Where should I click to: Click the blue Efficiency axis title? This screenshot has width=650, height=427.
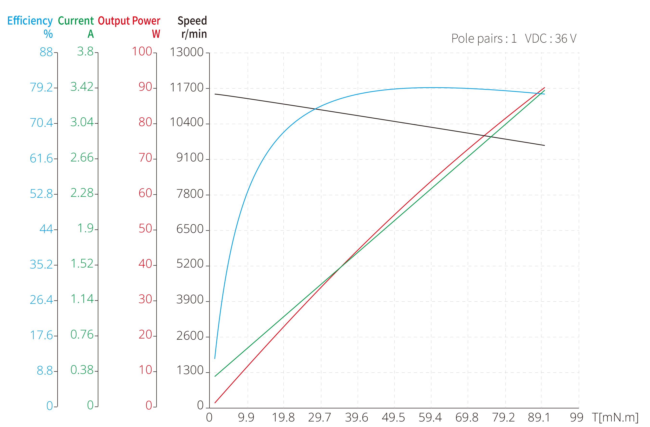click(x=30, y=21)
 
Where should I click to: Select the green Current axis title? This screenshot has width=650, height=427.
click(x=76, y=21)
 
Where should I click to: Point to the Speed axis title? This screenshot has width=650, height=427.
click(x=192, y=21)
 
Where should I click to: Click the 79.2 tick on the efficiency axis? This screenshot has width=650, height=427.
click(x=41, y=88)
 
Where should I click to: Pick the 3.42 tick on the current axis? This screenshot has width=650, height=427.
click(x=82, y=87)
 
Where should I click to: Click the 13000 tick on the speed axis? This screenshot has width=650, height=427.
click(x=187, y=52)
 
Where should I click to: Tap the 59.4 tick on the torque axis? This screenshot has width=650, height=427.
click(x=430, y=417)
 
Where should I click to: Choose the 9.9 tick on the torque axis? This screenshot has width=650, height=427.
click(x=246, y=417)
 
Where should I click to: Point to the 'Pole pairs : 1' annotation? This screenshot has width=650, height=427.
click(x=484, y=39)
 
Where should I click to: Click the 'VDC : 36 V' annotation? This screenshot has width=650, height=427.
click(x=550, y=39)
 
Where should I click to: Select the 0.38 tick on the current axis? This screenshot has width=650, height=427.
click(x=82, y=370)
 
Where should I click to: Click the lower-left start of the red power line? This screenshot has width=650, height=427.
click(x=215, y=403)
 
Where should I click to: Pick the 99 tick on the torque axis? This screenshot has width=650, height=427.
click(x=576, y=417)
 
